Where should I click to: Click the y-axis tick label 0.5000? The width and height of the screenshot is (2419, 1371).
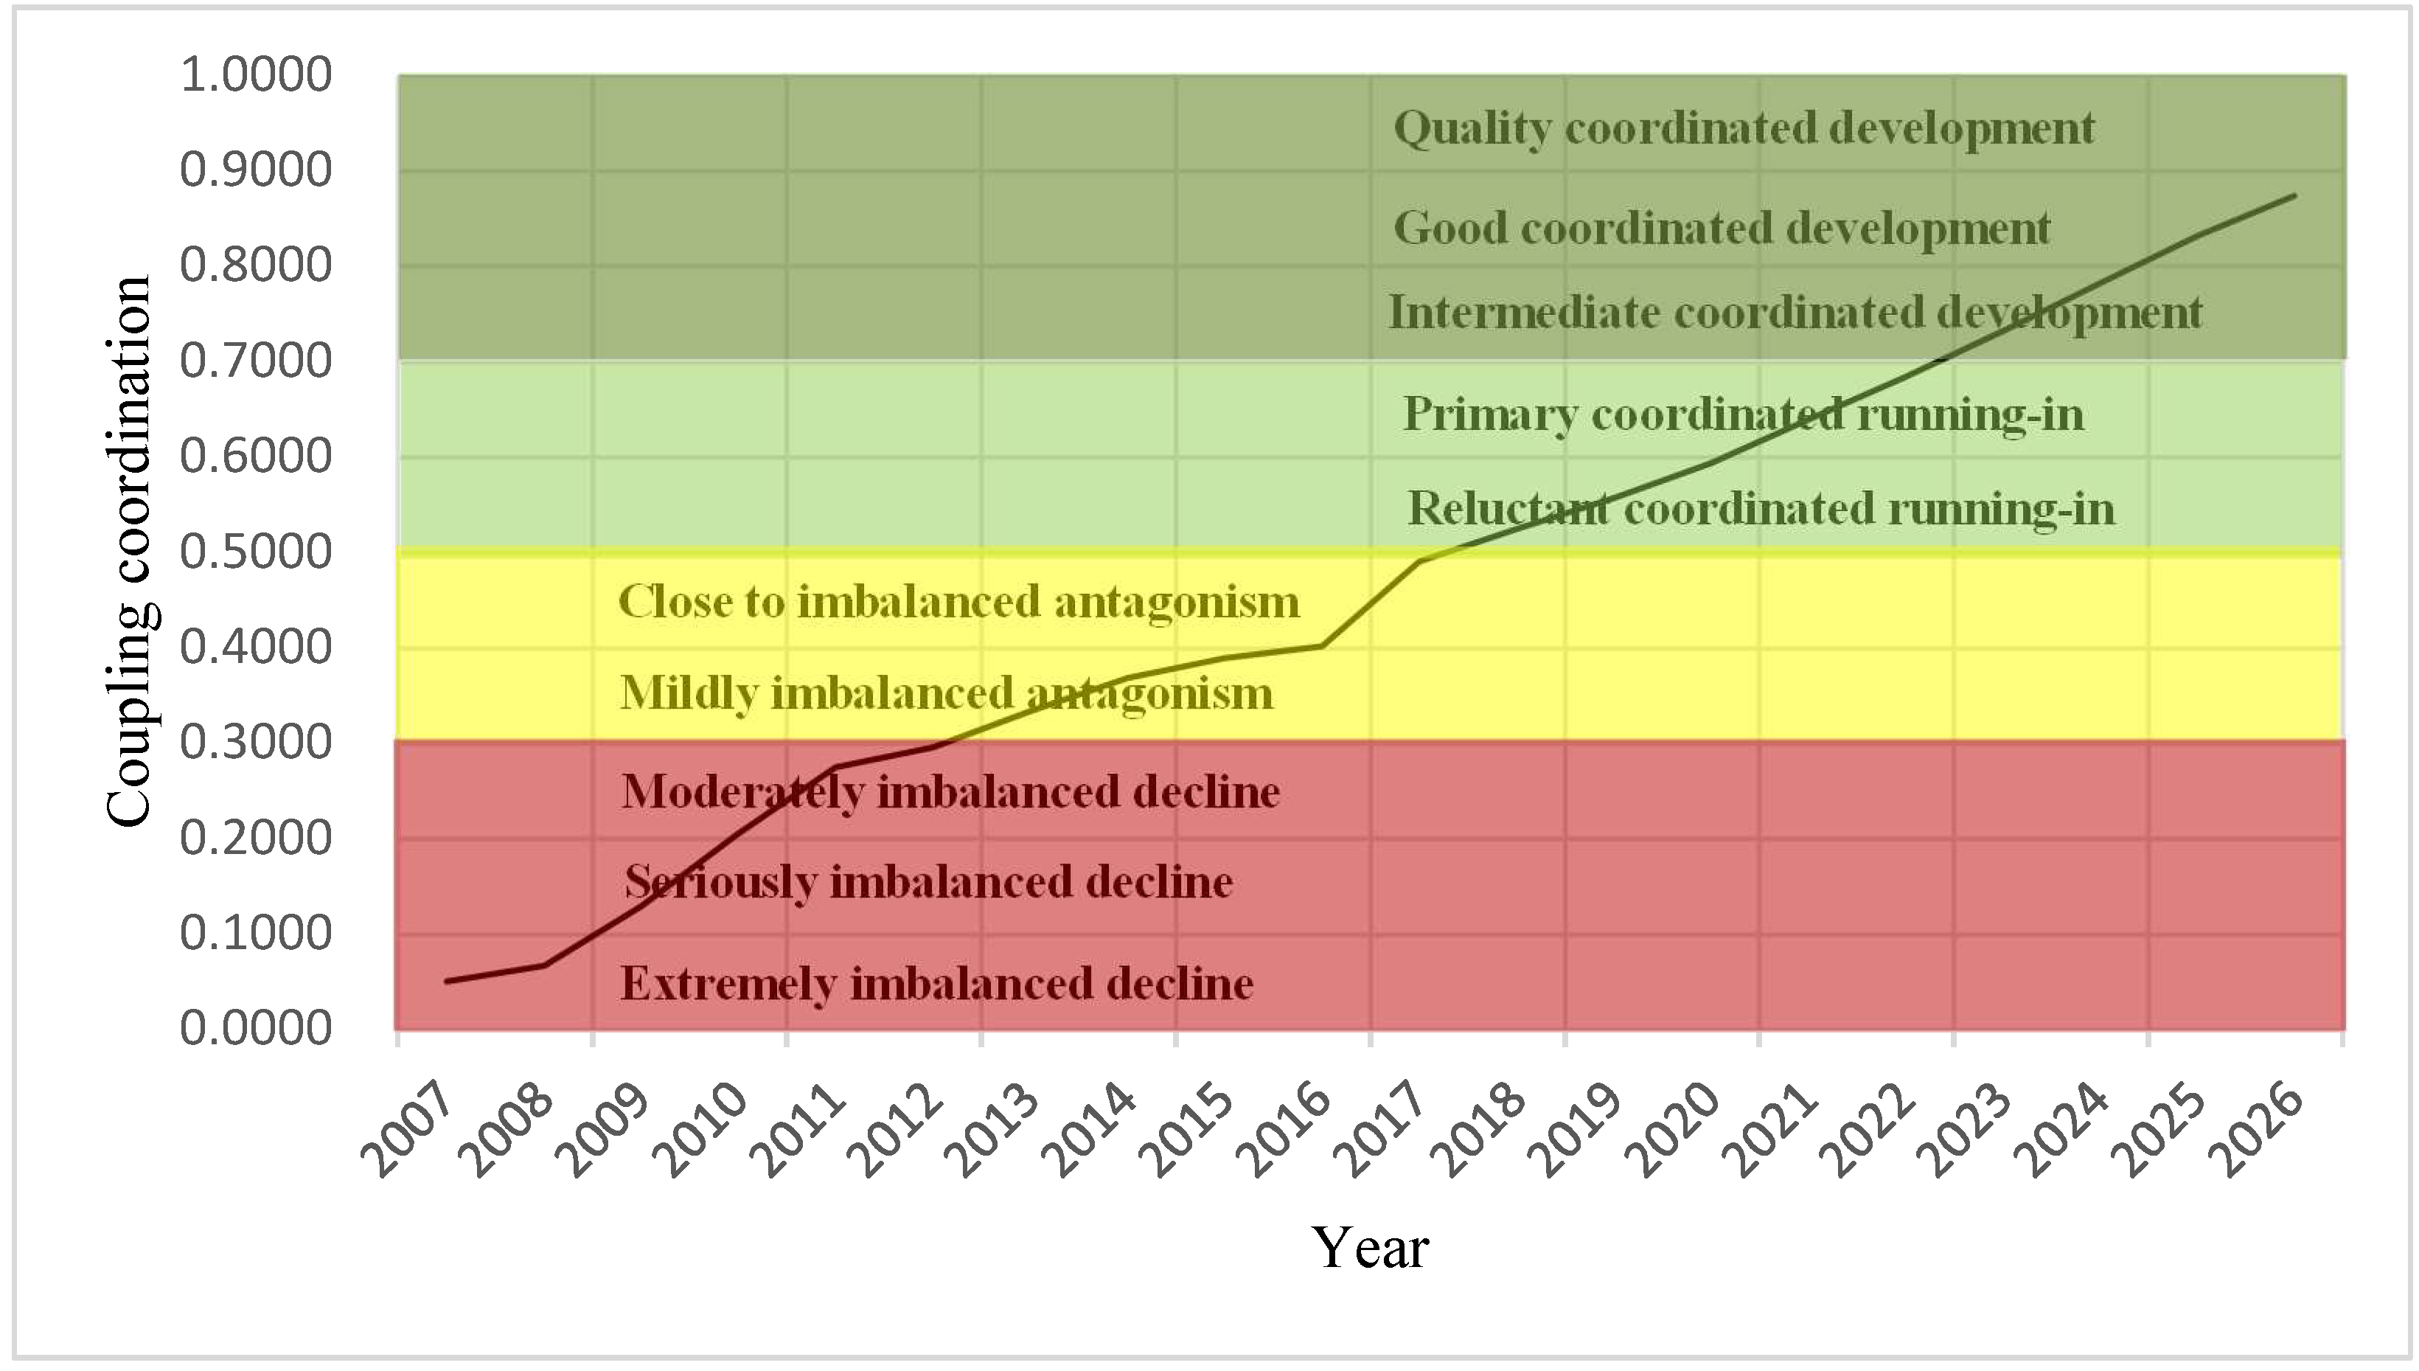tap(255, 551)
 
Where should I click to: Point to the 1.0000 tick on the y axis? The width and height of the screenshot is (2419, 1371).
tap(255, 74)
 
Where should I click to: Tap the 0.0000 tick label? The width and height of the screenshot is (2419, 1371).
tap(255, 1027)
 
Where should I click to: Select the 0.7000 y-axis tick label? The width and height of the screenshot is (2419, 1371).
tap(255, 361)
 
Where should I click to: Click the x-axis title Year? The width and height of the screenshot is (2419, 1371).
tap(1370, 1248)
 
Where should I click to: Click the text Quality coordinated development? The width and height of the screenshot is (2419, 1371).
tap(1743, 128)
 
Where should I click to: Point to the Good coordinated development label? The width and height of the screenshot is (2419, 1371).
tap(1721, 228)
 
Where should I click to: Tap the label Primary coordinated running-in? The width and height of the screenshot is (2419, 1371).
tap(1743, 414)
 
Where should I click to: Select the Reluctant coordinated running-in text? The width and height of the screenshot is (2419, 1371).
tap(1760, 510)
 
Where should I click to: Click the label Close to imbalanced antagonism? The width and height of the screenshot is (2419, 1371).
tap(958, 602)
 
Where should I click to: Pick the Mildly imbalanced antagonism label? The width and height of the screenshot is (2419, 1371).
tap(946, 694)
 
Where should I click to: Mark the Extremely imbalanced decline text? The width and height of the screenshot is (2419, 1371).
tap(936, 984)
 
